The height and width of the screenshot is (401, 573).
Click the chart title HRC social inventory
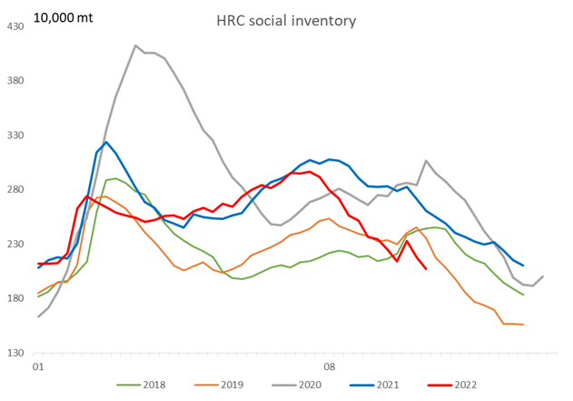point(287,19)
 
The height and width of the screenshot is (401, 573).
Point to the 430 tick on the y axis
point(16,26)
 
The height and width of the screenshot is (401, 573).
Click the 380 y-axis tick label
point(16,81)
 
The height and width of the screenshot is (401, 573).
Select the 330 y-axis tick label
point(16,135)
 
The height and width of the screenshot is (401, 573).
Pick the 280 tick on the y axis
point(16,190)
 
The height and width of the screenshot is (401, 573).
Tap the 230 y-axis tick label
point(16,245)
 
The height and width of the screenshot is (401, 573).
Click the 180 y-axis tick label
point(16,299)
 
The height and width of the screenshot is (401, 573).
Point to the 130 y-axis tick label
point(16,354)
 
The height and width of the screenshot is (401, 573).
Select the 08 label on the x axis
point(330,368)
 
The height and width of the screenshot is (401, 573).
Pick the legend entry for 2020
point(299,386)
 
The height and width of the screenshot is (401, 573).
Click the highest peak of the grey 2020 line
point(135,45)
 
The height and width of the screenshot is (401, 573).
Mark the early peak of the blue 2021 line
point(106,142)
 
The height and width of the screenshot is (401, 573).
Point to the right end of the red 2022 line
point(426,268)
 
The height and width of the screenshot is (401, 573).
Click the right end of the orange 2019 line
point(523,325)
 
